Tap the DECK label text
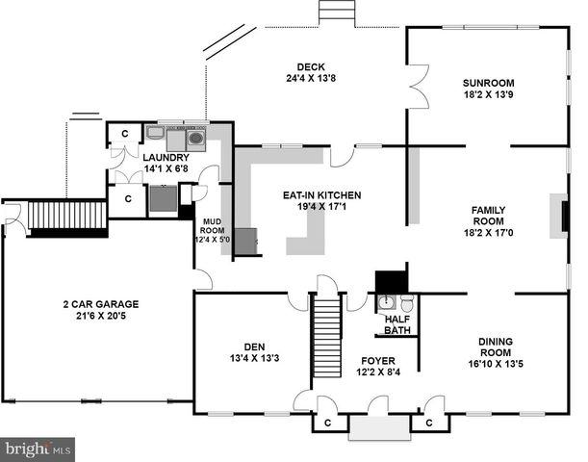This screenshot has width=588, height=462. [310, 66]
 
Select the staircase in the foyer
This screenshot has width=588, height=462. [328, 327]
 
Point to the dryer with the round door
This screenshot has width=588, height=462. [196, 138]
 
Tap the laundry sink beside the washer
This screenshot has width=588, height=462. [155, 134]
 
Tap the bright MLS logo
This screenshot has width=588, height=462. [38, 449]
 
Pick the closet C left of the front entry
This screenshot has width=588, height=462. [328, 422]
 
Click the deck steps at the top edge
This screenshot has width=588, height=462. [334, 11]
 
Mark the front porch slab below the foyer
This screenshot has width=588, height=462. [375, 427]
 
